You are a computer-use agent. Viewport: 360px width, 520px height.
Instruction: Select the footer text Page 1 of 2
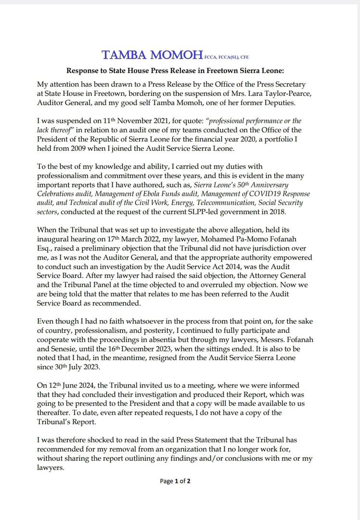pos(175,481)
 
